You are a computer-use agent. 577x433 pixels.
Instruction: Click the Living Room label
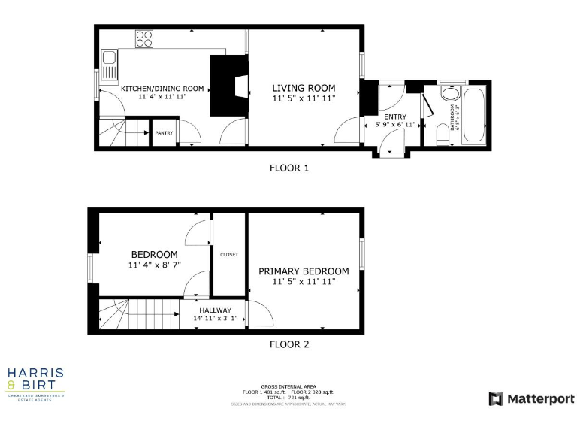click(x=304, y=87)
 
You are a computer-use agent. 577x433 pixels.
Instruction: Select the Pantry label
click(x=164, y=133)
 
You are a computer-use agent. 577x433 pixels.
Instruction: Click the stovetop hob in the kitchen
click(x=144, y=38)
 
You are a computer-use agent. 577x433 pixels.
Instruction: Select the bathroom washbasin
click(x=450, y=97)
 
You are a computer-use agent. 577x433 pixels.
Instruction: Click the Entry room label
click(x=395, y=117)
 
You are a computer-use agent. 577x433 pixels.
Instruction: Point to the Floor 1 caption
click(x=289, y=168)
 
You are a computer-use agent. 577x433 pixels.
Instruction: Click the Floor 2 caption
click(x=289, y=345)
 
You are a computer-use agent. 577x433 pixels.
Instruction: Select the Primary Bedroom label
click(x=304, y=271)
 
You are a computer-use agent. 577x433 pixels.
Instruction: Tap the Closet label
click(x=229, y=255)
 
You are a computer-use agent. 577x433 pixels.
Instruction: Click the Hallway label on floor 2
click(x=215, y=310)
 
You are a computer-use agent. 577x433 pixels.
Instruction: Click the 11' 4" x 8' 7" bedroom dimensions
click(x=154, y=265)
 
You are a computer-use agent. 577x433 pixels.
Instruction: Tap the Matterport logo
click(x=532, y=398)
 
